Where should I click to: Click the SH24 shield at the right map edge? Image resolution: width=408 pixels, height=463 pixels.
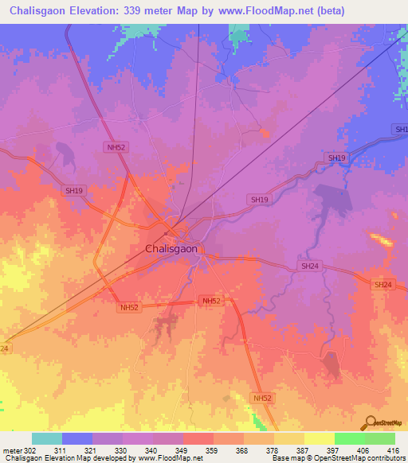coord(383,284)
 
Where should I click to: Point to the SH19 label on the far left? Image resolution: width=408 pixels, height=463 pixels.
coord(74,191)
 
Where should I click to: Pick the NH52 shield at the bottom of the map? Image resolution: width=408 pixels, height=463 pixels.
coord(262,397)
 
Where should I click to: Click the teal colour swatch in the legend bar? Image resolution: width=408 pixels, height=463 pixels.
coord(47,438)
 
